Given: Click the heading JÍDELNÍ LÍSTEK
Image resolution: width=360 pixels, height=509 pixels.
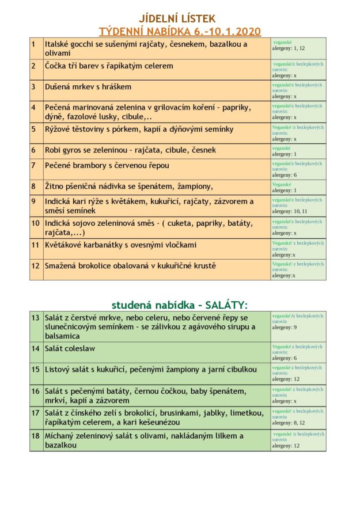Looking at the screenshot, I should pyautogui.click(x=180, y=19).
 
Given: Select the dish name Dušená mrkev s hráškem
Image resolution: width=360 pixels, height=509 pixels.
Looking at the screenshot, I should pyautogui.click(x=88, y=87).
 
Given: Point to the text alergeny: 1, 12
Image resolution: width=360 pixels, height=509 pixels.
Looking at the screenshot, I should pyautogui.click(x=289, y=49).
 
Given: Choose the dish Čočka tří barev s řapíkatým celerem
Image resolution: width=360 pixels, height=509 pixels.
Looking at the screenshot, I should pyautogui.click(x=109, y=66).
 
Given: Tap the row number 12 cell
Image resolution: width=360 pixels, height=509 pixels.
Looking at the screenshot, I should pyautogui.click(x=36, y=265).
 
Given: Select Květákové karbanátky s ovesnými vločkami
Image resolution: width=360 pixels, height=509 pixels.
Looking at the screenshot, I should pyautogui.click(x=120, y=245).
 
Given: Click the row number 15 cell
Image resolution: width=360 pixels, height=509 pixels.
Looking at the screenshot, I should pyautogui.click(x=36, y=369).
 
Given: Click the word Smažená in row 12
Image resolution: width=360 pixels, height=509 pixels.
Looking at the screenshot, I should pyautogui.click(x=62, y=265).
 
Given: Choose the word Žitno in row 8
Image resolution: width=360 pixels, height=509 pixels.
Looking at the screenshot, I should pyautogui.click(x=56, y=186).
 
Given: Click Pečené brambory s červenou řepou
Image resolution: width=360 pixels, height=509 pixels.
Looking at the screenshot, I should pyautogui.click(x=104, y=165).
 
